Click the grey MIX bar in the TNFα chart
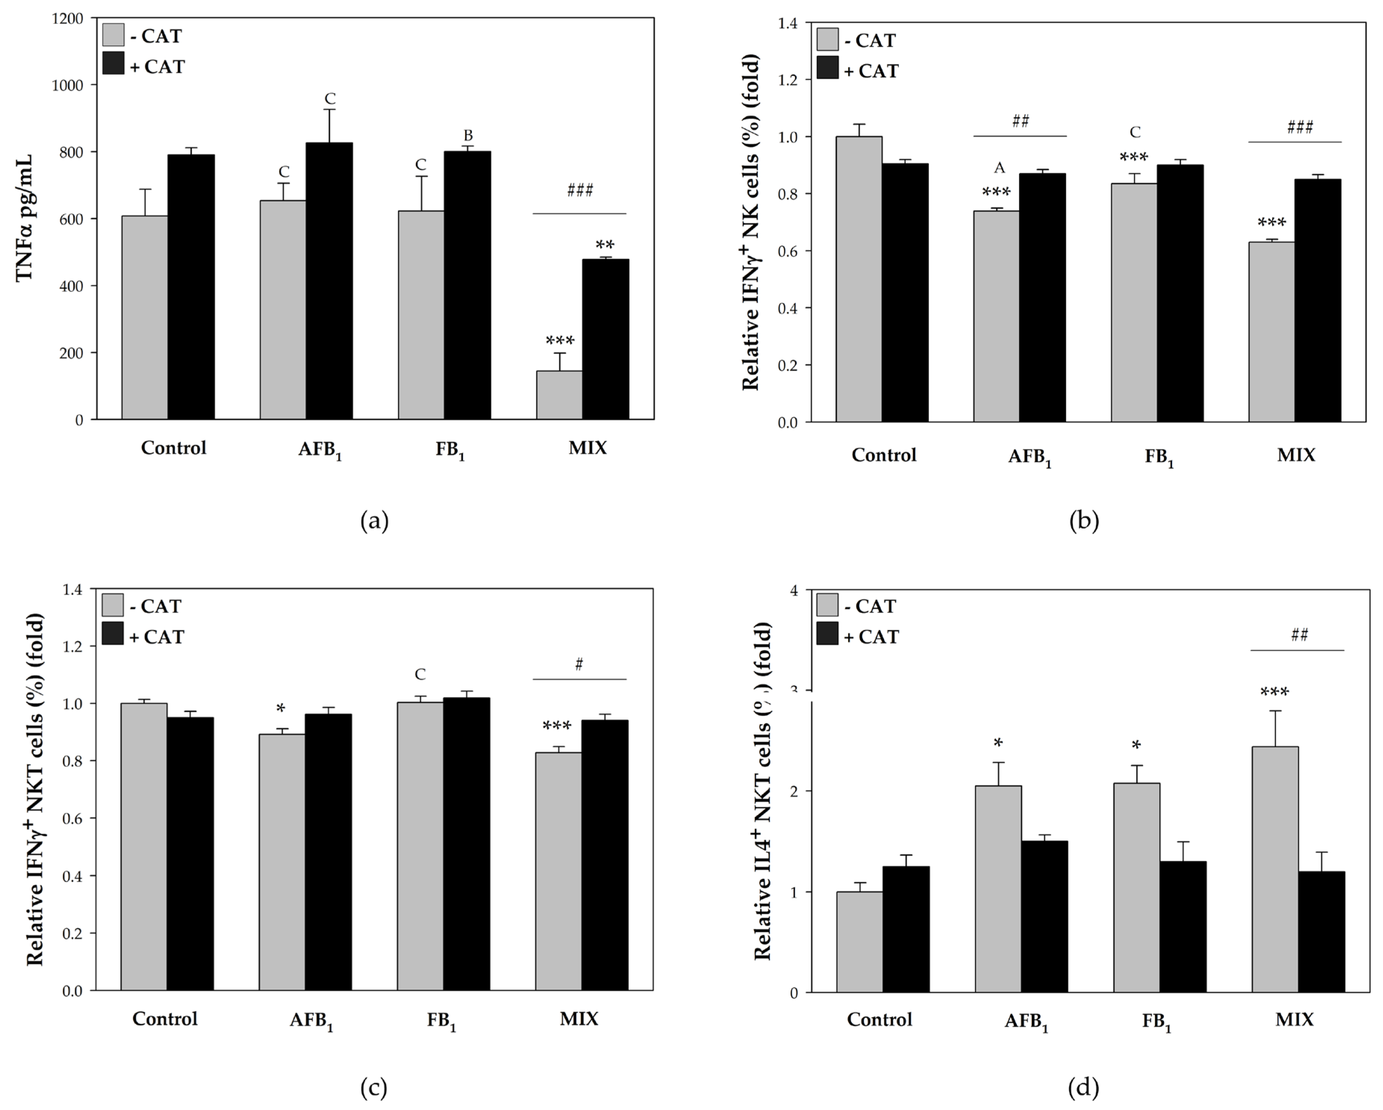[559, 395]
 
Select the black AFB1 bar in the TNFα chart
[329, 281]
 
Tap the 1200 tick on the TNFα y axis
[67, 19]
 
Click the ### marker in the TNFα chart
[580, 190]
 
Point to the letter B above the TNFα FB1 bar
[468, 136]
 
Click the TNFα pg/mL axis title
[24, 218]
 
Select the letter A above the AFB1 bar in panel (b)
[999, 168]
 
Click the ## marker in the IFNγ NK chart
[1021, 121]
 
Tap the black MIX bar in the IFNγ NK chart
[1318, 300]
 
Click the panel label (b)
[1084, 520]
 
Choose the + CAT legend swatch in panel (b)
[828, 67]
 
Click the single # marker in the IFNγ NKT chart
[579, 665]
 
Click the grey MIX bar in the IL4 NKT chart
[1275, 870]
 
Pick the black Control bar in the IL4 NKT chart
[906, 930]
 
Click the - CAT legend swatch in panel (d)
[828, 604]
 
